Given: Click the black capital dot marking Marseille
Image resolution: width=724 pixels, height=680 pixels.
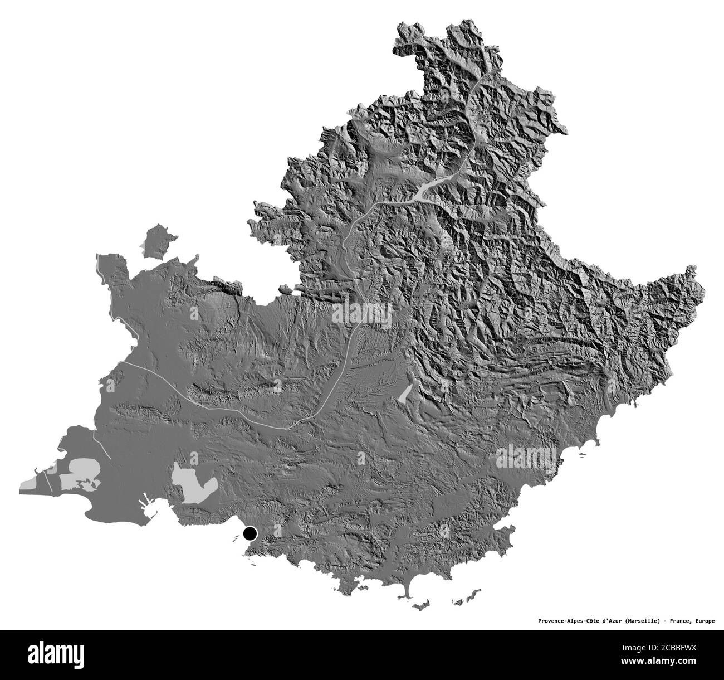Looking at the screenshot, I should [250, 534].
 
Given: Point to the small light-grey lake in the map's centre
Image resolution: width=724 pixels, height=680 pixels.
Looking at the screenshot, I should [406, 394].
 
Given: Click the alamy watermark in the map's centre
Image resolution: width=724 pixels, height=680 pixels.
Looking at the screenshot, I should [362, 313].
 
